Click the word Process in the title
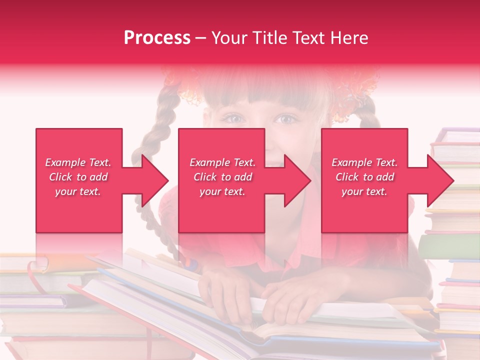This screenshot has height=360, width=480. tap(157, 38)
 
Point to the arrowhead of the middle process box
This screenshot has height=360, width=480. tap(297, 180)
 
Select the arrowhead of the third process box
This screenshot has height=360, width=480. tap(440, 180)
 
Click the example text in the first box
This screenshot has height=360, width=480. tap(78, 177)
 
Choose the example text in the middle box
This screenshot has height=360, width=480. tap(222, 177)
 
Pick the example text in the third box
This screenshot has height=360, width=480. tap(364, 177)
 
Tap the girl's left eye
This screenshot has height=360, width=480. tap(234, 119)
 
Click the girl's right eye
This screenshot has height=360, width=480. tap(286, 119)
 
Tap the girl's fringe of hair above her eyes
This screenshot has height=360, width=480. tap(260, 95)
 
